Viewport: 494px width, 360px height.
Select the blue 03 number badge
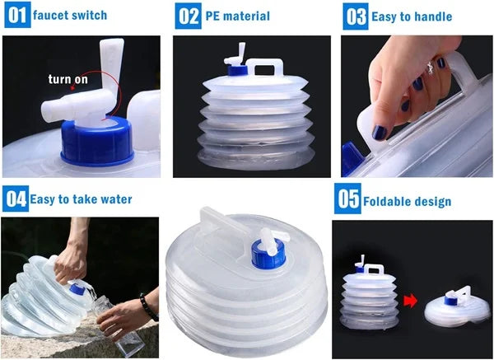(x=355, y=16)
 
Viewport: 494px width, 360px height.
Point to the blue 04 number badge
(x=16, y=199)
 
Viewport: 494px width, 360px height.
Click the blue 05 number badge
(x=347, y=200)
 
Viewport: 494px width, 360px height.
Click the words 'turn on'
(x=67, y=79)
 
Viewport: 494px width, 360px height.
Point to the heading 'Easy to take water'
(x=81, y=199)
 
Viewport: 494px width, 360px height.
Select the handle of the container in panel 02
(x=263, y=66)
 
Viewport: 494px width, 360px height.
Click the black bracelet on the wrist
(x=148, y=306)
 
